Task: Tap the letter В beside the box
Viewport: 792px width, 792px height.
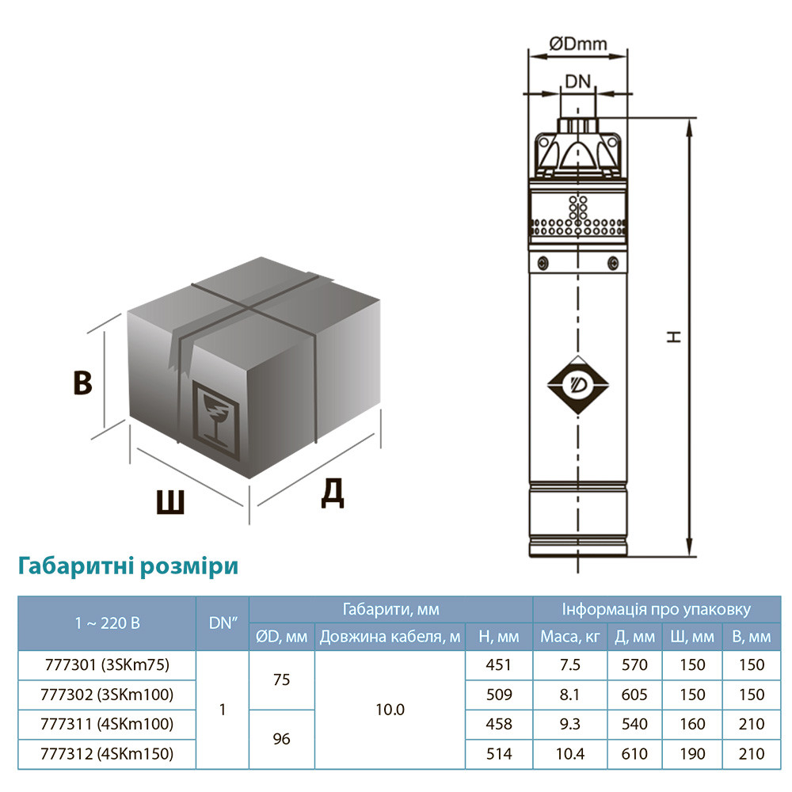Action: (x=82, y=383)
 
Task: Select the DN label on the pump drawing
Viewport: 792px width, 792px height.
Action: (x=578, y=81)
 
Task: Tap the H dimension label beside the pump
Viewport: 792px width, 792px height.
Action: (x=674, y=336)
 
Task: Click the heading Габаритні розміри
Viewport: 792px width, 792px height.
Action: (x=127, y=567)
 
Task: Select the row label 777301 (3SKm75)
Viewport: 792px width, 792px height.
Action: (x=105, y=664)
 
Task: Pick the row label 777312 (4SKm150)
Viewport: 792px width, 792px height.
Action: (x=105, y=753)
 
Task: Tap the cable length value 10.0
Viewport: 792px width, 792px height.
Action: (x=390, y=710)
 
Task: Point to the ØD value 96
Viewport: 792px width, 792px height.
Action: (x=281, y=739)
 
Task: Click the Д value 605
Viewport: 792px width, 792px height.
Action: (x=634, y=695)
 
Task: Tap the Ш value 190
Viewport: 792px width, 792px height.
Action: (x=691, y=753)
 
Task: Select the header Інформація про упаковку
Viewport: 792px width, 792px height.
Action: (x=657, y=610)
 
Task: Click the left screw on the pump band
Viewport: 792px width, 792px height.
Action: (x=543, y=263)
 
